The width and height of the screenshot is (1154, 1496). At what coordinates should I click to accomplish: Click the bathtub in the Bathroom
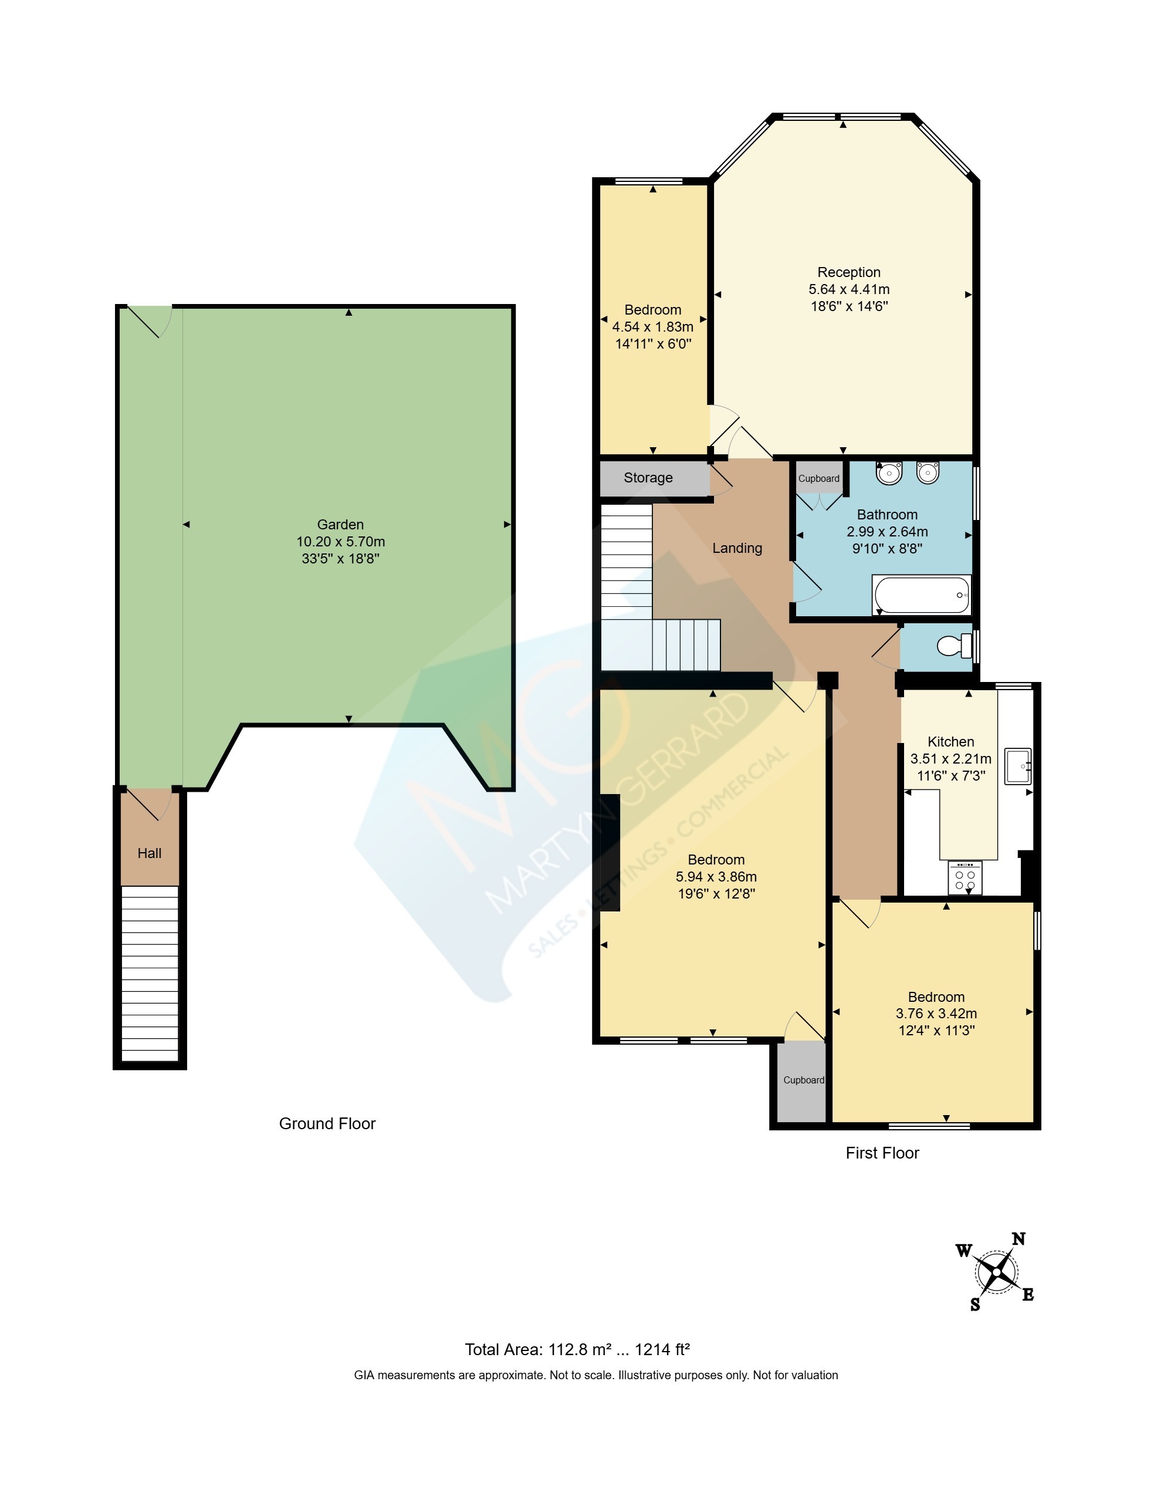pyautogui.click(x=921, y=594)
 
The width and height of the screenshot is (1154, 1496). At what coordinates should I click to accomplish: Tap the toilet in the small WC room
pyautogui.click(x=955, y=644)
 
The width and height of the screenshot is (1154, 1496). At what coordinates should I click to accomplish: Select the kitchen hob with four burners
pyautogui.click(x=965, y=877)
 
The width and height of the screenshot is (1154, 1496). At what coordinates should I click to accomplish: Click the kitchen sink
pyautogui.click(x=1018, y=766)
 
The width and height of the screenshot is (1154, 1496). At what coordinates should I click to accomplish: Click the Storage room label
pyautogui.click(x=648, y=478)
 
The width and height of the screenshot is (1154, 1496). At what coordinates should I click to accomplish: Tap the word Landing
pyautogui.click(x=737, y=548)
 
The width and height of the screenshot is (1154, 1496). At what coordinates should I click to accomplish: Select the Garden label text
pyautogui.click(x=340, y=525)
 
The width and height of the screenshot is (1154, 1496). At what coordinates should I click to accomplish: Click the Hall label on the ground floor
pyautogui.click(x=149, y=853)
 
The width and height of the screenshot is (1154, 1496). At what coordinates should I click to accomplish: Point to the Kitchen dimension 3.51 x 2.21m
pyautogui.click(x=950, y=758)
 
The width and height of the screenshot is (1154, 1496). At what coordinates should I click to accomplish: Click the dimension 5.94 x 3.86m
pyautogui.click(x=716, y=876)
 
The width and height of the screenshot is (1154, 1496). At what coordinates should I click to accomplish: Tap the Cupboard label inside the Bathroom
pyautogui.click(x=818, y=479)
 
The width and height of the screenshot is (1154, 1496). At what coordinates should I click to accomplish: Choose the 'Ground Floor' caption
pyautogui.click(x=327, y=1123)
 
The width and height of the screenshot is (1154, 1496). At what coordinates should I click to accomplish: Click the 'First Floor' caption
pyautogui.click(x=882, y=1153)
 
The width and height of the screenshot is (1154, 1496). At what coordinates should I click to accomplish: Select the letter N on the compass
pyautogui.click(x=1018, y=1238)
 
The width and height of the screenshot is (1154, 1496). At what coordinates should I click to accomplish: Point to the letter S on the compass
pyautogui.click(x=975, y=1305)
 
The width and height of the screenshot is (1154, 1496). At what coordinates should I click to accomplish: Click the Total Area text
pyautogui.click(x=577, y=1349)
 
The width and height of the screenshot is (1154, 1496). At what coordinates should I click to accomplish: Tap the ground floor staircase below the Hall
pyautogui.click(x=149, y=973)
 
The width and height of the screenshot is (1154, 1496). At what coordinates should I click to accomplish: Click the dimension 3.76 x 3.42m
pyautogui.click(x=936, y=1013)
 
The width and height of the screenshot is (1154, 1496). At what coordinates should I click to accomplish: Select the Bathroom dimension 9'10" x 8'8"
pyautogui.click(x=887, y=548)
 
